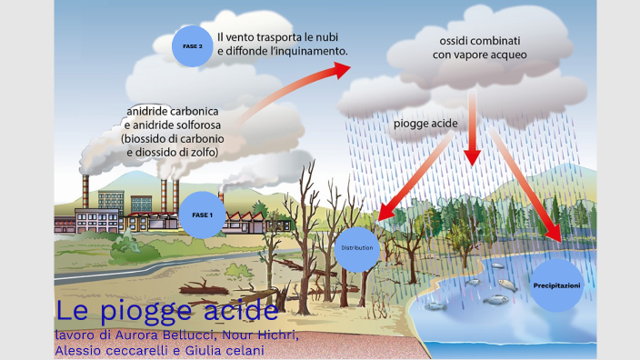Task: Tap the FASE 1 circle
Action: pos(202,215)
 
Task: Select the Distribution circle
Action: pos(357,247)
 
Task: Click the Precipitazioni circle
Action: pos(555,285)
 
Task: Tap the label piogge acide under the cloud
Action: pos(425,123)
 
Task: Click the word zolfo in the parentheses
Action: pos(201,152)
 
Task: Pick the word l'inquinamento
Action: pos(303,52)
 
